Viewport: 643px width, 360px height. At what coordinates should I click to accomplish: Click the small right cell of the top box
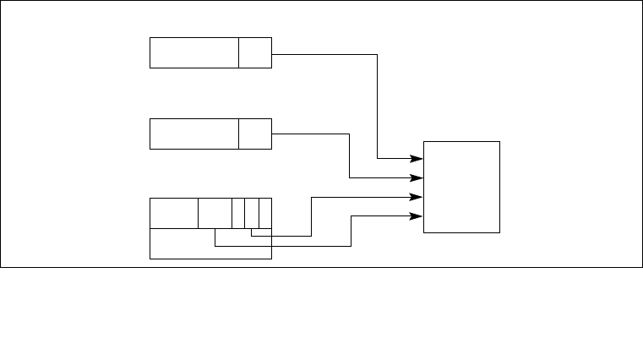pyautogui.click(x=254, y=52)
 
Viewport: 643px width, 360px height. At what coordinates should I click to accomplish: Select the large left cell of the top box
pyautogui.click(x=193, y=52)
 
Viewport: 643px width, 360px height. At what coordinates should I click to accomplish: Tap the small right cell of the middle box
pyautogui.click(x=254, y=134)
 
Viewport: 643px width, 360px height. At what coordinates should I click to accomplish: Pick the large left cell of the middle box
pyautogui.click(x=193, y=134)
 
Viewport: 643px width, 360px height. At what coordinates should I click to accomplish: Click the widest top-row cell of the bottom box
pyautogui.click(x=173, y=213)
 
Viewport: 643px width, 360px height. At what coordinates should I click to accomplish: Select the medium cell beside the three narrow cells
pyautogui.click(x=215, y=213)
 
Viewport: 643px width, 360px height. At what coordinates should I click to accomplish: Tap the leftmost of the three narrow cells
pyautogui.click(x=238, y=213)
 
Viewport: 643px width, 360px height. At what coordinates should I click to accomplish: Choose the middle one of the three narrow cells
pyautogui.click(x=251, y=213)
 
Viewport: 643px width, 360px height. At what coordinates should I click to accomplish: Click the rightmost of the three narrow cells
pyautogui.click(x=264, y=213)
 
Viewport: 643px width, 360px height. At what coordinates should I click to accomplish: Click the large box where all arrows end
pyautogui.click(x=461, y=187)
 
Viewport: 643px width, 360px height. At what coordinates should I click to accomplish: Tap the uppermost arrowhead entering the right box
pyautogui.click(x=417, y=158)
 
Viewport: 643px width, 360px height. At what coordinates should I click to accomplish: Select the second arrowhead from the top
pyautogui.click(x=417, y=178)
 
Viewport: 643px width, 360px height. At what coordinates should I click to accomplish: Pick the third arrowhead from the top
pyautogui.click(x=417, y=197)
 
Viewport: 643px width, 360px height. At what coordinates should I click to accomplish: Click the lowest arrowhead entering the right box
pyautogui.click(x=417, y=215)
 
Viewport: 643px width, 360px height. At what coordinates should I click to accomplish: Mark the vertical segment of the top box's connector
pyautogui.click(x=377, y=106)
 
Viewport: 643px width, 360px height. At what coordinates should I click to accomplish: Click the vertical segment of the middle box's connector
pyautogui.click(x=350, y=155)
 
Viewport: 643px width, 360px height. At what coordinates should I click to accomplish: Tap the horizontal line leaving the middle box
pyautogui.click(x=310, y=134)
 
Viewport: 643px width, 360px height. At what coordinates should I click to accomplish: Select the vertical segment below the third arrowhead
pyautogui.click(x=312, y=216)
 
